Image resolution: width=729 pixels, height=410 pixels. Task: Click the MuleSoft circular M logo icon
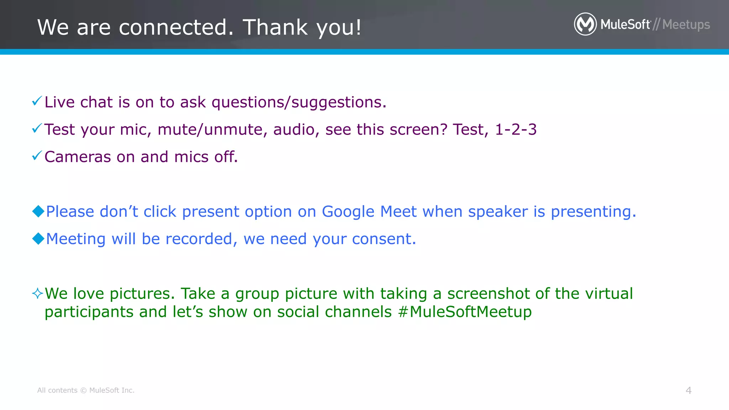tap(585, 24)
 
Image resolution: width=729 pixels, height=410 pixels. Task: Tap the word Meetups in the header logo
tap(686, 25)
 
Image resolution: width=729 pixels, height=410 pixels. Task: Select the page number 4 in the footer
tap(688, 390)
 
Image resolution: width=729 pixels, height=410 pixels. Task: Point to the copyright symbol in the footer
tap(83, 390)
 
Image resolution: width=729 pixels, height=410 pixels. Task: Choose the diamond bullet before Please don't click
tap(38, 211)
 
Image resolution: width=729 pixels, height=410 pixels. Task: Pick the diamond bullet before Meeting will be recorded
tap(38, 238)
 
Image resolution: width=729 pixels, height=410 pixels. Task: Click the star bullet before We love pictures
tap(37, 294)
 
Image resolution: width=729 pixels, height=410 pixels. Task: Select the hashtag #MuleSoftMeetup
tap(465, 312)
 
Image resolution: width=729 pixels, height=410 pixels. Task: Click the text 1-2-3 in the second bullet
tap(516, 130)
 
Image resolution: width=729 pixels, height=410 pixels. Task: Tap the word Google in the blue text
tap(348, 212)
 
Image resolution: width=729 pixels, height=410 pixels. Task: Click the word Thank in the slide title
tap(275, 27)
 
